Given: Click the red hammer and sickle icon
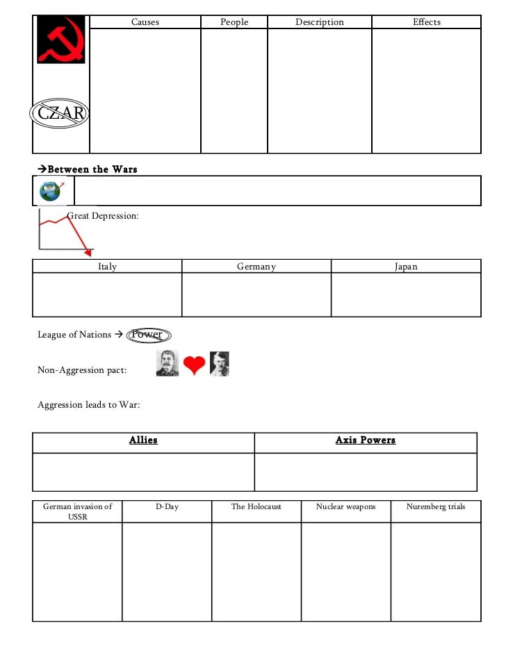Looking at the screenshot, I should (x=61, y=40).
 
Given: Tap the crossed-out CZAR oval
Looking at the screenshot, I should (x=60, y=114).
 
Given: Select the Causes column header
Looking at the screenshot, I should (x=145, y=22).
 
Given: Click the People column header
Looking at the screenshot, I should (x=234, y=22).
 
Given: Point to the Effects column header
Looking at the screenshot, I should (x=427, y=22).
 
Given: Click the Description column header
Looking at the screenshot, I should (x=320, y=22).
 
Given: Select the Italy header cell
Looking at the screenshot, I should (x=108, y=267).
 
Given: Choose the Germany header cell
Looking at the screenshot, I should (x=256, y=267).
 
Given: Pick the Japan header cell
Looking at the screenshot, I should (x=406, y=267).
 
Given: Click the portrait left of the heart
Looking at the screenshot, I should (x=168, y=364).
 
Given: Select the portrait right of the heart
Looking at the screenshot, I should (x=219, y=364).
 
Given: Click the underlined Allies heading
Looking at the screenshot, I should (x=143, y=440).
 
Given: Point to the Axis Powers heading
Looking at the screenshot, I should (x=366, y=440).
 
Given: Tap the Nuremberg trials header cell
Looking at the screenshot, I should (x=436, y=507).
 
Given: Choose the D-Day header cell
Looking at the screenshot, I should (x=167, y=507).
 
